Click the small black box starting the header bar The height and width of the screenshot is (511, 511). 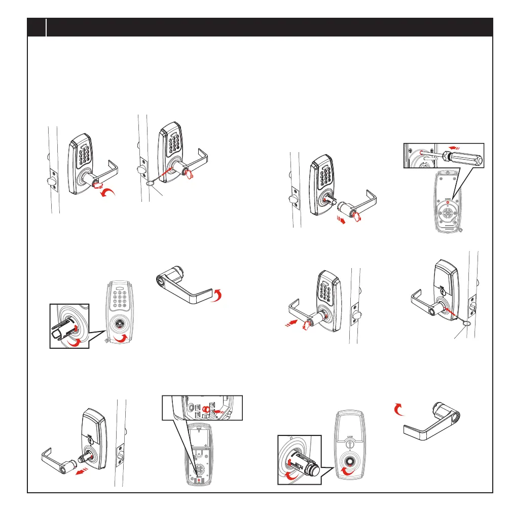coord(36,27)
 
